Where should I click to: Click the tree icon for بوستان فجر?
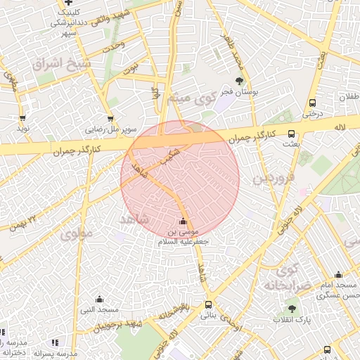(x=240, y=81)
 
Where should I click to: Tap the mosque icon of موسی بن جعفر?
(x=184, y=221)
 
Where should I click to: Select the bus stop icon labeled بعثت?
(x=292, y=134)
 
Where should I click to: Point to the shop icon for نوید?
(x=23, y=119)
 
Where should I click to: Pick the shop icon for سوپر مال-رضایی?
(x=110, y=119)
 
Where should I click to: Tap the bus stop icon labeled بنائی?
(x=208, y=305)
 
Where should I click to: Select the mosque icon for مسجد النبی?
(x=98, y=299)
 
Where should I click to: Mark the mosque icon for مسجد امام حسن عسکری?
(x=338, y=275)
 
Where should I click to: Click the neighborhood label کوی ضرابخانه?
(x=288, y=278)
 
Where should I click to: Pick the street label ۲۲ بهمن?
(x=23, y=224)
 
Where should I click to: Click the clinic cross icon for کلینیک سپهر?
(x=67, y=4)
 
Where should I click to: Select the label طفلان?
(x=349, y=98)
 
